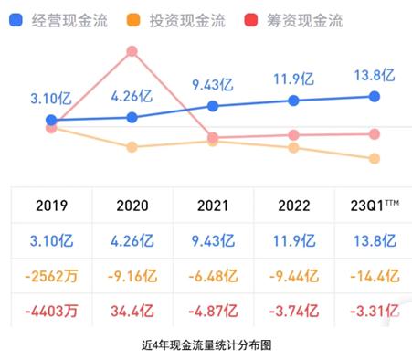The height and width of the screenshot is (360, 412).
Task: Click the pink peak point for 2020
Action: click(132, 51)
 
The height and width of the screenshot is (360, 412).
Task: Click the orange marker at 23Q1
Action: click(374, 159)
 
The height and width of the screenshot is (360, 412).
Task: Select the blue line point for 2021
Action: click(213, 106)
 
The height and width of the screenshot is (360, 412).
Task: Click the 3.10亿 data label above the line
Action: click(52, 98)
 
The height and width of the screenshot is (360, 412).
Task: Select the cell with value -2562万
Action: click(51, 273)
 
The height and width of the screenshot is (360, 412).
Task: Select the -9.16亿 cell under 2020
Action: click(132, 273)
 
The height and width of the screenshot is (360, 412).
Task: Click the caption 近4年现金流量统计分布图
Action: click(206, 345)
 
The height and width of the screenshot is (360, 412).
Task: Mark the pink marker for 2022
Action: click(293, 135)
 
